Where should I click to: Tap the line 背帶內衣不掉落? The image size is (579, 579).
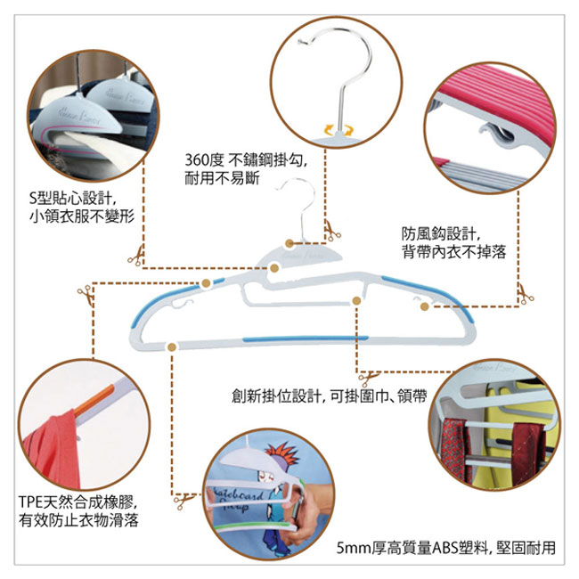click(453, 253)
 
